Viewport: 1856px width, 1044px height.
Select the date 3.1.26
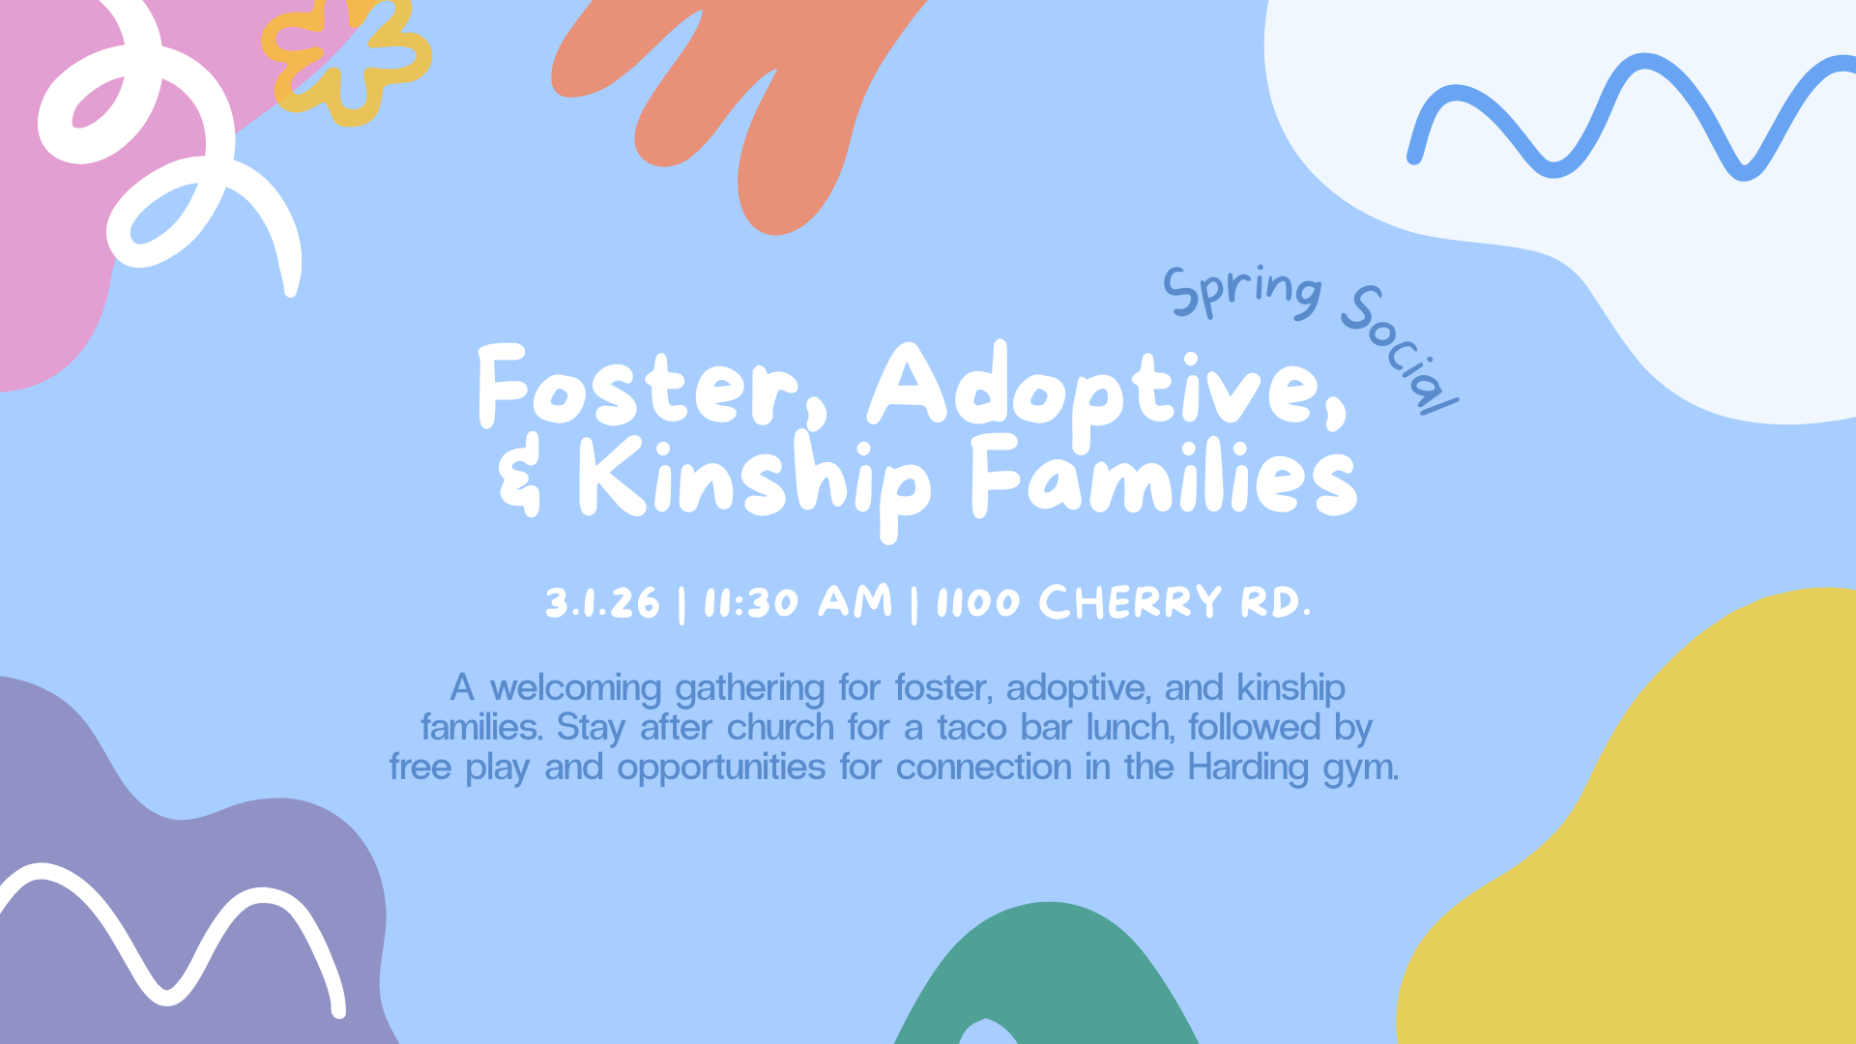(x=602, y=603)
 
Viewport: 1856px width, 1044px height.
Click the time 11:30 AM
(x=797, y=602)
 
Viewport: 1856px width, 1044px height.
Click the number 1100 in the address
(x=977, y=603)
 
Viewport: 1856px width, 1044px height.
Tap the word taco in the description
(x=971, y=727)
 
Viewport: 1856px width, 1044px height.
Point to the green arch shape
(x=1049, y=967)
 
